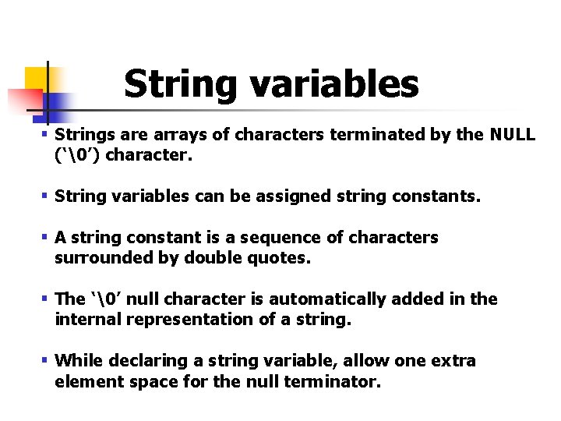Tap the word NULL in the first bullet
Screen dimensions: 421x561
click(512, 135)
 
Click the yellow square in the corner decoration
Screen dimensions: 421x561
click(36, 78)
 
